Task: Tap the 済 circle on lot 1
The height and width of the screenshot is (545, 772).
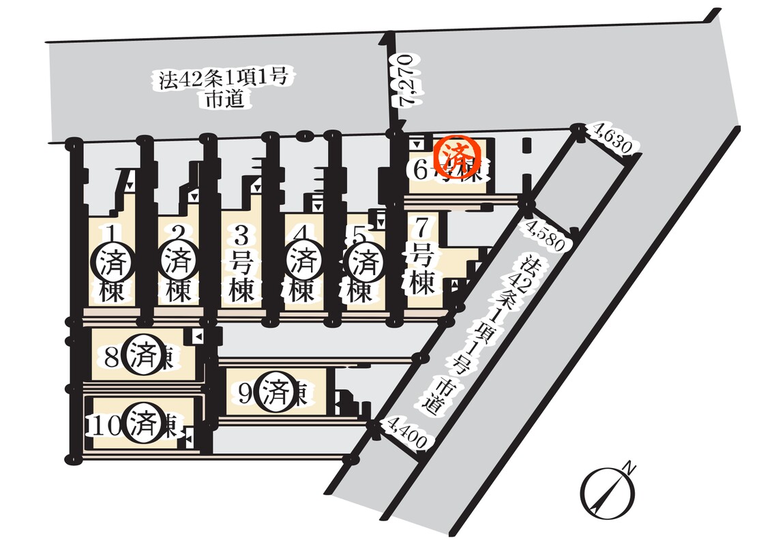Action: click(x=110, y=261)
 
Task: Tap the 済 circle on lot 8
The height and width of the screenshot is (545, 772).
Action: click(x=145, y=356)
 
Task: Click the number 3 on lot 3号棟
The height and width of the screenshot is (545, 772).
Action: click(x=241, y=236)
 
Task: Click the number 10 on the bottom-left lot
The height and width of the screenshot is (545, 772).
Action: click(x=106, y=425)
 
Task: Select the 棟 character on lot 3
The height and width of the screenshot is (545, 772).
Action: click(x=241, y=291)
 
